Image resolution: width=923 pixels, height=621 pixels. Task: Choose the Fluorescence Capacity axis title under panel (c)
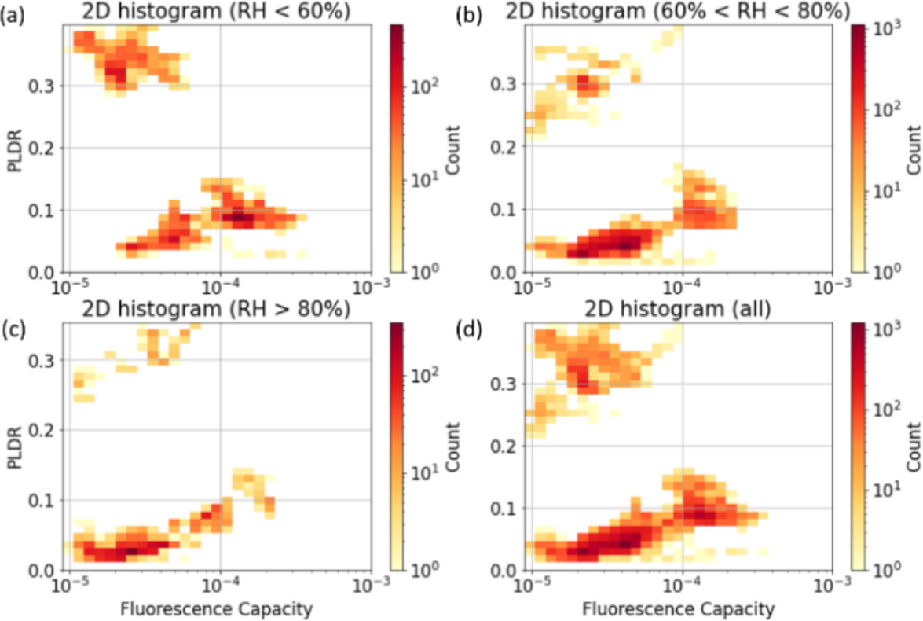[x=219, y=609]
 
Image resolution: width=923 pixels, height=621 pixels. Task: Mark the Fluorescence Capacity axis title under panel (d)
[x=683, y=609]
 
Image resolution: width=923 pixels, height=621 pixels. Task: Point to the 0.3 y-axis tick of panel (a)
[x=45, y=86]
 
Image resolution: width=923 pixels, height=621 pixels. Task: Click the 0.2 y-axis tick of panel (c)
[x=45, y=430]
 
